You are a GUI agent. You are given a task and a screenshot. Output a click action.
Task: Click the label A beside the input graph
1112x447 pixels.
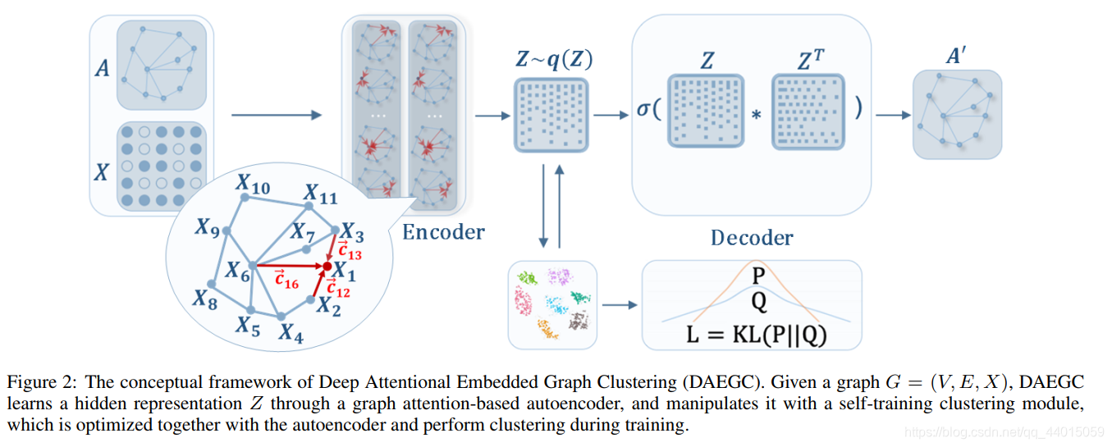point(102,68)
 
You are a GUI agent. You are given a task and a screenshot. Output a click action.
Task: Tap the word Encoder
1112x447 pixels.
point(443,232)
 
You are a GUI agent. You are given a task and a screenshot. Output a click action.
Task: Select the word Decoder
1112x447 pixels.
point(752,238)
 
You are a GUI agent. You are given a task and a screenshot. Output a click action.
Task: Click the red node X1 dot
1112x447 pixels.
point(327,267)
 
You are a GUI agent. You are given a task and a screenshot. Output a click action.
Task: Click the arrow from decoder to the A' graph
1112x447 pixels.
point(891,116)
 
